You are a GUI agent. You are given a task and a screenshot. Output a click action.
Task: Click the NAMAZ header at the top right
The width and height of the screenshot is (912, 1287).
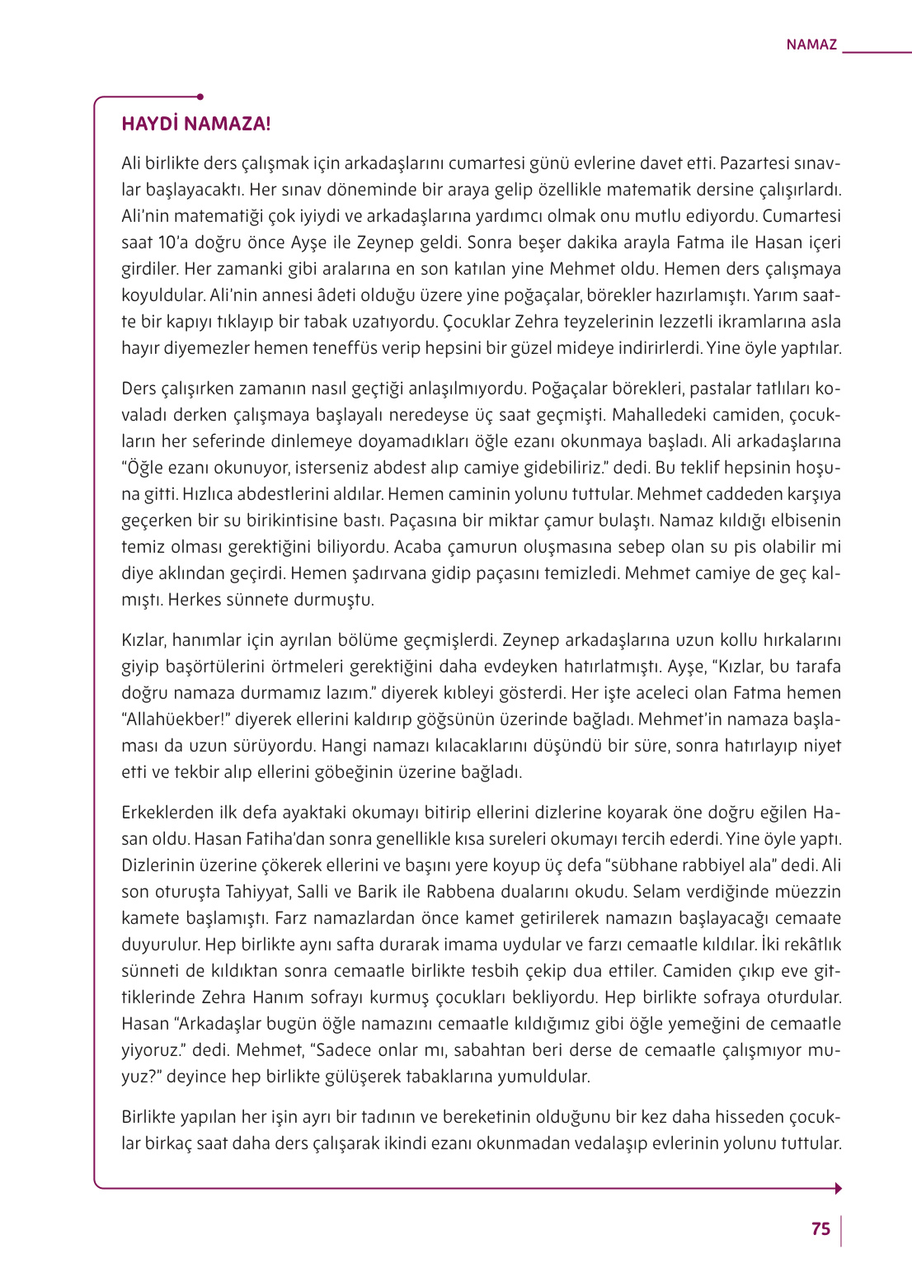(x=811, y=45)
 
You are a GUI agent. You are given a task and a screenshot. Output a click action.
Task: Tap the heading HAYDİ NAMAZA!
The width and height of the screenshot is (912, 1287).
(x=195, y=124)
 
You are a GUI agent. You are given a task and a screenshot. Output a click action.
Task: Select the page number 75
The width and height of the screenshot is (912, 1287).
(x=820, y=1229)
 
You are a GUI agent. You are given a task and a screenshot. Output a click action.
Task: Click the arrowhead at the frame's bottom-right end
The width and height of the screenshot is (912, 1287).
(x=838, y=1189)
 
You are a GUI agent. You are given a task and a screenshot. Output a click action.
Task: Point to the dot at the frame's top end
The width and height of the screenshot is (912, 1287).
(x=200, y=97)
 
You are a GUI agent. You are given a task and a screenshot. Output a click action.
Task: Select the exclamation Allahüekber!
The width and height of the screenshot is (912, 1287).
(x=175, y=719)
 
